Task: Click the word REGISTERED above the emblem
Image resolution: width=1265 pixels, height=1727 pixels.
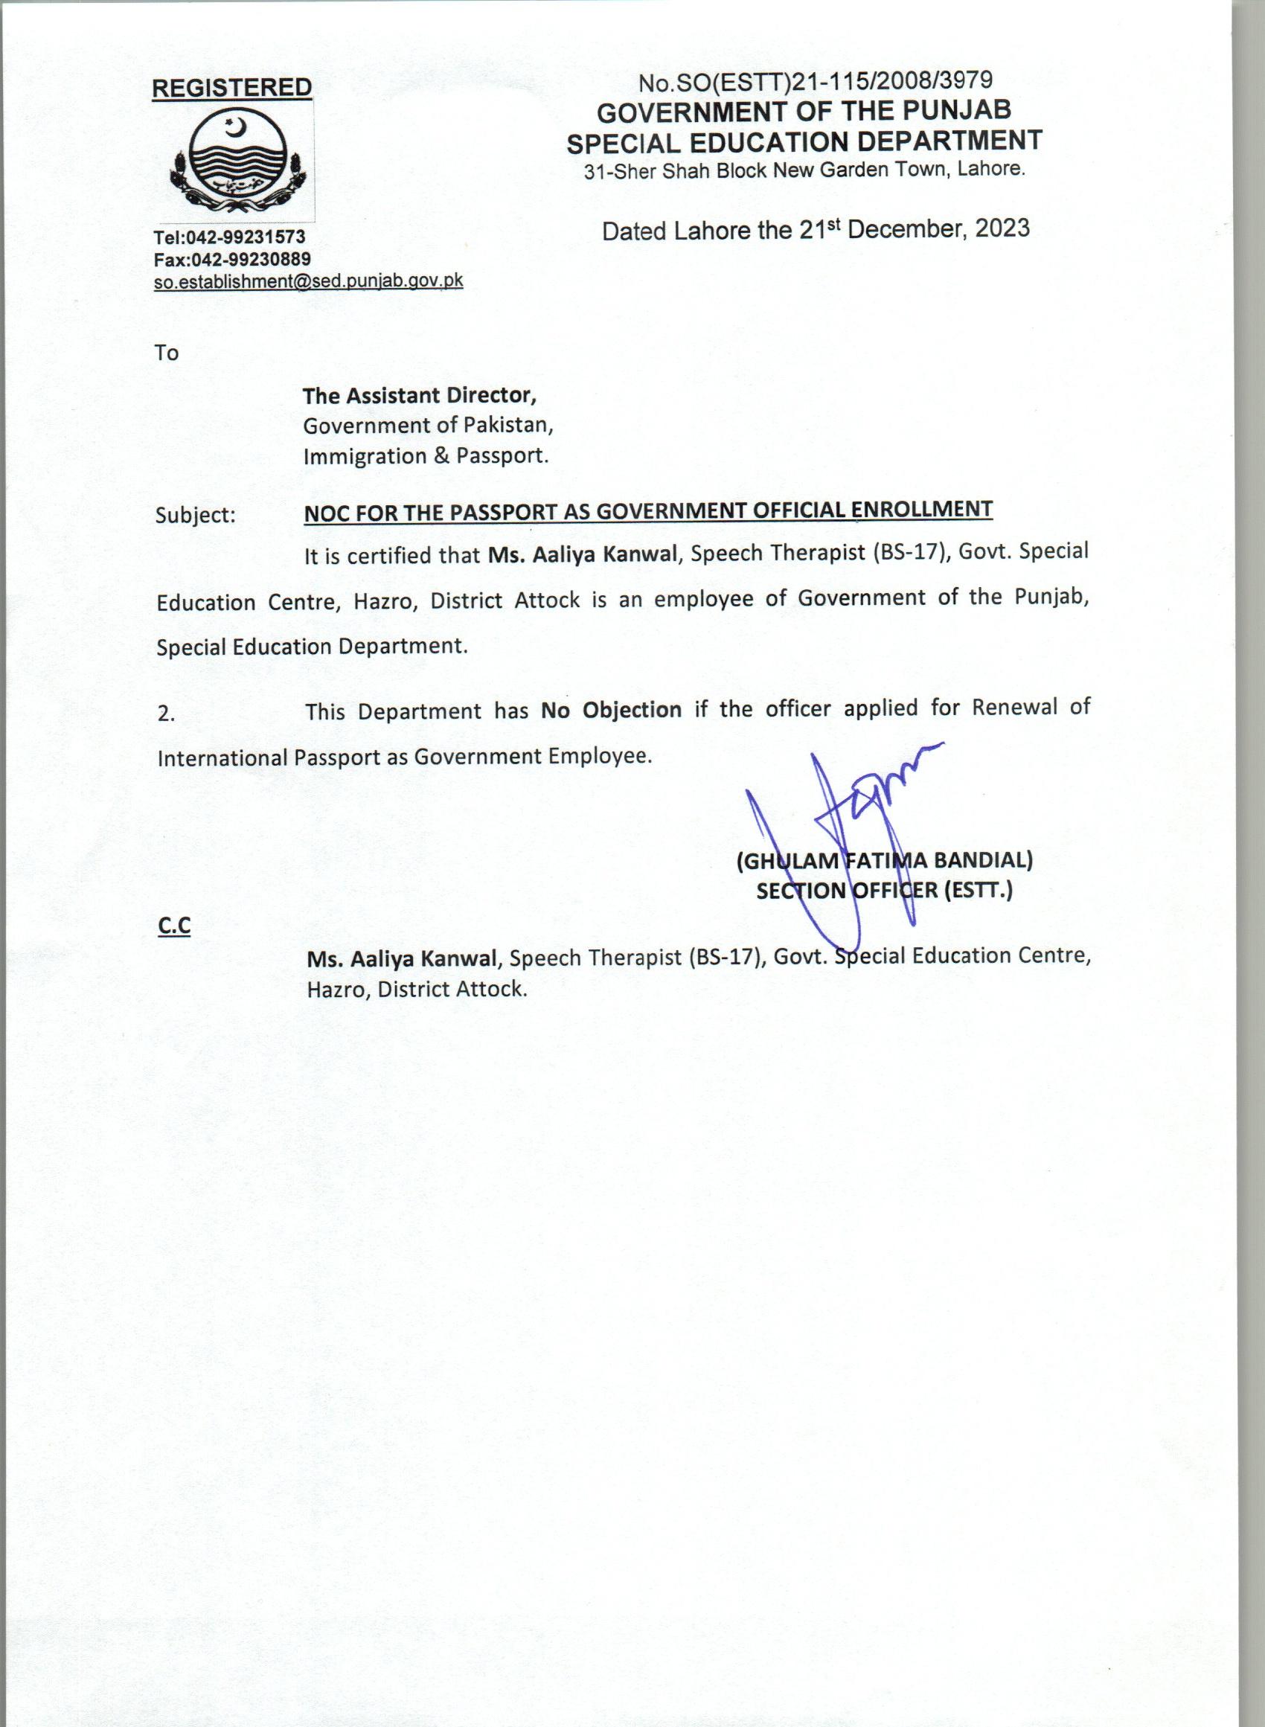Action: click(x=231, y=88)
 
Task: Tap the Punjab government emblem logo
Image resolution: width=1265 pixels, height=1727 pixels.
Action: click(x=238, y=162)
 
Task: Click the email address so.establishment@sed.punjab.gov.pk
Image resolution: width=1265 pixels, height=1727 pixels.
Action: click(x=308, y=281)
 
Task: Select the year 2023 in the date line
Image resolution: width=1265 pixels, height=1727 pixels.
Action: click(x=1002, y=228)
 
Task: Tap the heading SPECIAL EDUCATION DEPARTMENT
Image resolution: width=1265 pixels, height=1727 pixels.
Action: click(x=804, y=141)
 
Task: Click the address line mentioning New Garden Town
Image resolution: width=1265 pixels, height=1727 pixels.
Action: click(x=804, y=170)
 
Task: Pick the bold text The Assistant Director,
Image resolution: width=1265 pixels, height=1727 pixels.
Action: click(x=420, y=395)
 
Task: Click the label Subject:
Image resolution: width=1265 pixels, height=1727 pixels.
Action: click(x=196, y=514)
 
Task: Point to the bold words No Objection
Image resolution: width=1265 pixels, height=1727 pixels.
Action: click(x=611, y=710)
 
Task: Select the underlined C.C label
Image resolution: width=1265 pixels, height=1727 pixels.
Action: click(x=174, y=926)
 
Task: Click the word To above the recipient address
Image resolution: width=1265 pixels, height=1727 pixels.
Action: click(x=166, y=353)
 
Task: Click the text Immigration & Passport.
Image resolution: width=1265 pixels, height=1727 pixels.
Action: click(x=426, y=456)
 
